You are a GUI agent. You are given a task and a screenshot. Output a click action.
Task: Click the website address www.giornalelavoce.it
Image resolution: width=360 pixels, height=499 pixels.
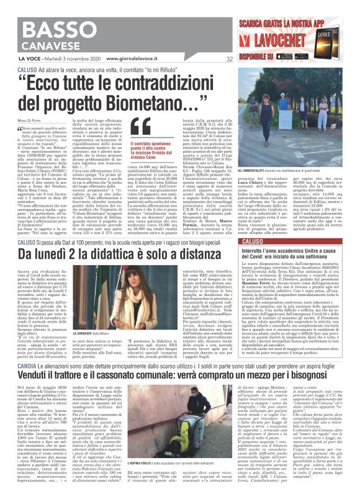[124, 60]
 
